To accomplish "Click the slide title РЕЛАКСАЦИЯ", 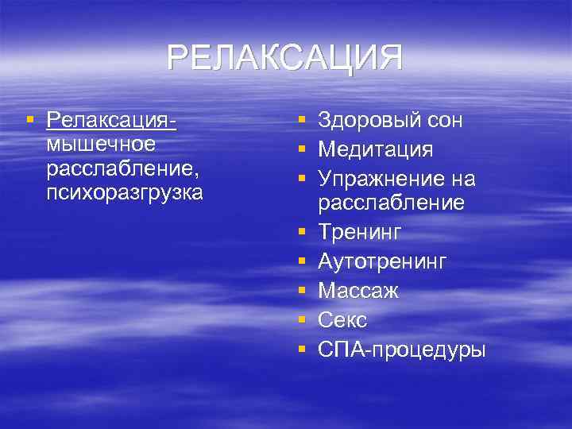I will [285, 59].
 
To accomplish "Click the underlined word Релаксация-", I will [111, 122].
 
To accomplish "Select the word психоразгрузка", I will [125, 192].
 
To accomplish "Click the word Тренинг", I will [360, 233].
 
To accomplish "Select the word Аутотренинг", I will [382, 261].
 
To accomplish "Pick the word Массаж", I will [358, 290].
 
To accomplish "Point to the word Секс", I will [342, 319].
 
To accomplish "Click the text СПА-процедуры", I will [401, 348].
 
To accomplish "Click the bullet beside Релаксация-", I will [29, 121].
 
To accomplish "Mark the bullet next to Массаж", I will [302, 290].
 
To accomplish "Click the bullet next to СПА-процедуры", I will [302, 348].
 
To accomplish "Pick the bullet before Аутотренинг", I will [302, 261].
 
